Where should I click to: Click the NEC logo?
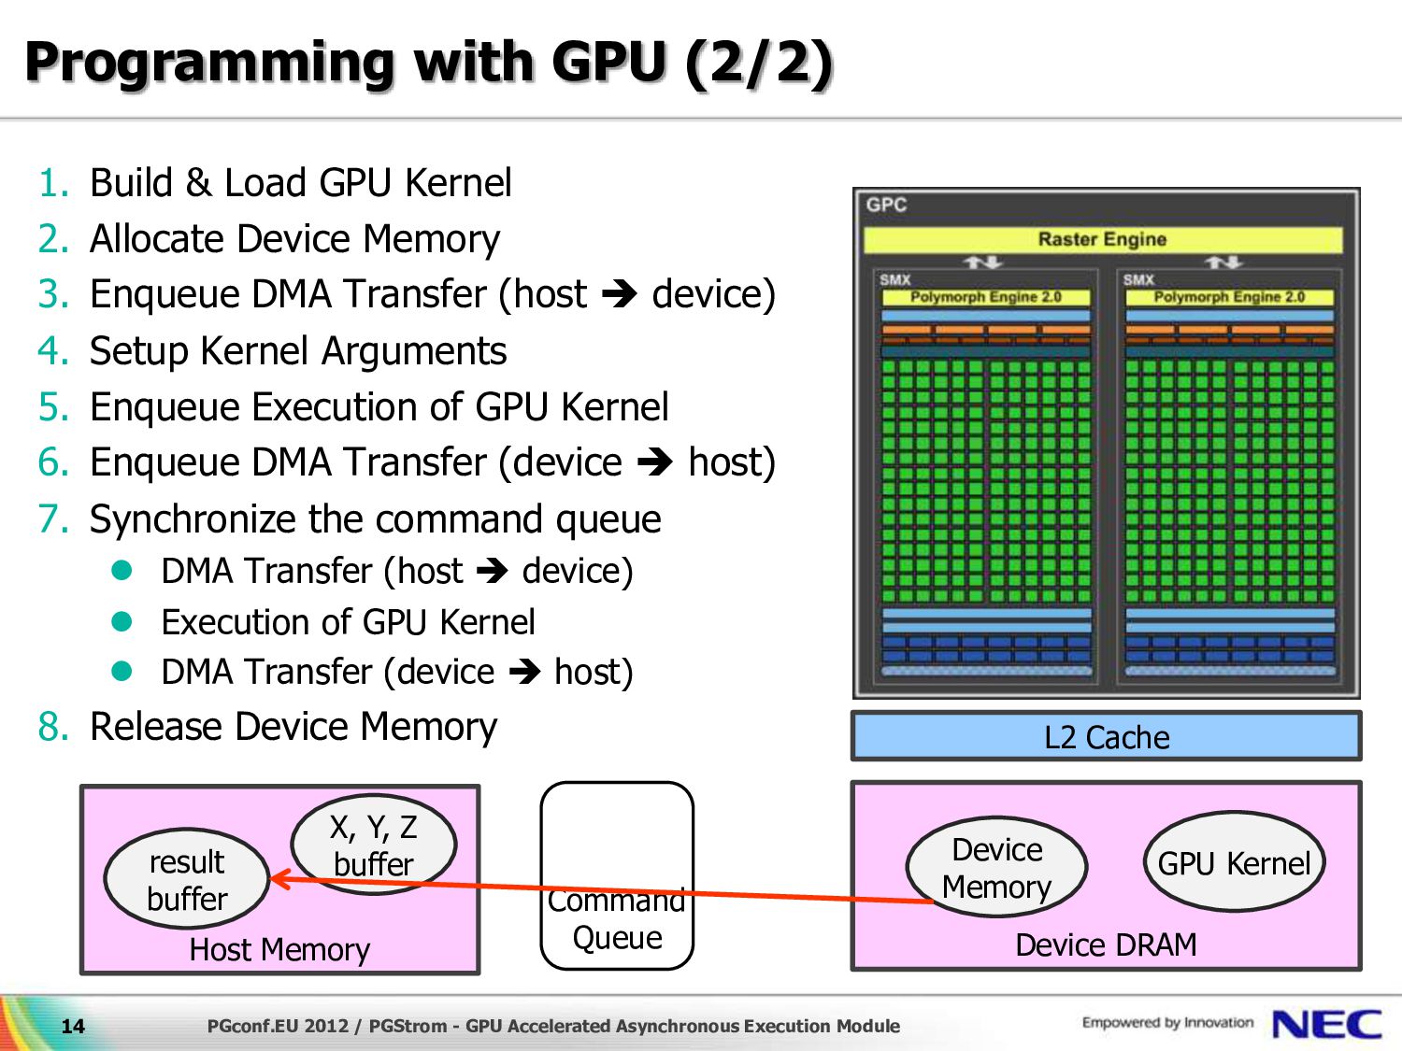click(x=1326, y=1025)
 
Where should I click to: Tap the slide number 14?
click(x=73, y=1026)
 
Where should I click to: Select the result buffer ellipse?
click(x=187, y=879)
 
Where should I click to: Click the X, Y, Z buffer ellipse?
click(x=374, y=845)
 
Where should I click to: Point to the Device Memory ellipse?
click(x=996, y=867)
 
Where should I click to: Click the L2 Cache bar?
click(x=1107, y=736)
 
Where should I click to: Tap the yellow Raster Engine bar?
click(x=1103, y=239)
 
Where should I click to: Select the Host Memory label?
click(x=279, y=949)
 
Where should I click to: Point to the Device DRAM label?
click(x=1106, y=944)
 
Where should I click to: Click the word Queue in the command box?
click(x=617, y=938)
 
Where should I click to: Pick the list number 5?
click(x=53, y=406)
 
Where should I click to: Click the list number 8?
click(x=53, y=727)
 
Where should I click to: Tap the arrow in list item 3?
click(x=619, y=294)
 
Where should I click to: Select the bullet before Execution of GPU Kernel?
click(x=122, y=621)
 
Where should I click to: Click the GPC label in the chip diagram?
click(x=886, y=205)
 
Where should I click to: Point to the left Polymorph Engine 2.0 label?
click(x=985, y=297)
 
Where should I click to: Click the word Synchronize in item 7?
click(x=193, y=518)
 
